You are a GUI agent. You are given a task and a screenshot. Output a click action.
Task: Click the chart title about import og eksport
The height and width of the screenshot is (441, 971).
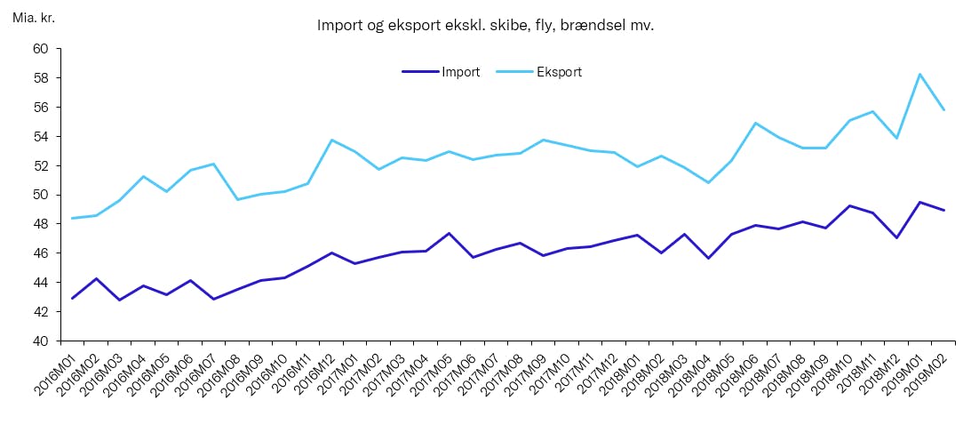tap(485, 26)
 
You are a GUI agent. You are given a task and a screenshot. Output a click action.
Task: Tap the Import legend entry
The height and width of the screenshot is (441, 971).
tap(460, 72)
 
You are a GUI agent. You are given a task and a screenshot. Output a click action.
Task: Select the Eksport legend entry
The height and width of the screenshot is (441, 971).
tap(559, 72)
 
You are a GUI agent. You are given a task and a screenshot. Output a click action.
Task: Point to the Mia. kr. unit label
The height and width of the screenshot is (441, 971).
tap(34, 18)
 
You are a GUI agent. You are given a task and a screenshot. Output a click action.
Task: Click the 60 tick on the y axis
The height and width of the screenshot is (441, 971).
tap(41, 49)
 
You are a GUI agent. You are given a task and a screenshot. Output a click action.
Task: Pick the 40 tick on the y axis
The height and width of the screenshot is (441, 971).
tap(41, 341)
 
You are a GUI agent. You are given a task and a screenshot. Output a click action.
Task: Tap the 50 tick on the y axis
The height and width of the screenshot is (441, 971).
tap(41, 195)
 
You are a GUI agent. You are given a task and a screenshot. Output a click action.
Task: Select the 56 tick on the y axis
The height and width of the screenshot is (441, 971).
tap(41, 108)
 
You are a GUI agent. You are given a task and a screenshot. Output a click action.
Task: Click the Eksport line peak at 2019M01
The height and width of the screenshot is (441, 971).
tap(920, 74)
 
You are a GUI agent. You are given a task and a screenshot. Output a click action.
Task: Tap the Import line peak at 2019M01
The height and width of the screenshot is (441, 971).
tap(920, 202)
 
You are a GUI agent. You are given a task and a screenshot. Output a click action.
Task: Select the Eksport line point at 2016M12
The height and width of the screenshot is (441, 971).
tap(331, 140)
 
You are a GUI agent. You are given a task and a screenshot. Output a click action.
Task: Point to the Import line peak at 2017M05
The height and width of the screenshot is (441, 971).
tap(450, 233)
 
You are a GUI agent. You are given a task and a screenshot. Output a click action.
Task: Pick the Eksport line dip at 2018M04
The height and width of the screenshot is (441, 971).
tap(708, 182)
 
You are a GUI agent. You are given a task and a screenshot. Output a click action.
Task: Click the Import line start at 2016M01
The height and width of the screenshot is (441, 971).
tap(72, 298)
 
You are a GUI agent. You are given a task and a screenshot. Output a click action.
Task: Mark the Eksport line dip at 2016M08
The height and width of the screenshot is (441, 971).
tap(237, 199)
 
